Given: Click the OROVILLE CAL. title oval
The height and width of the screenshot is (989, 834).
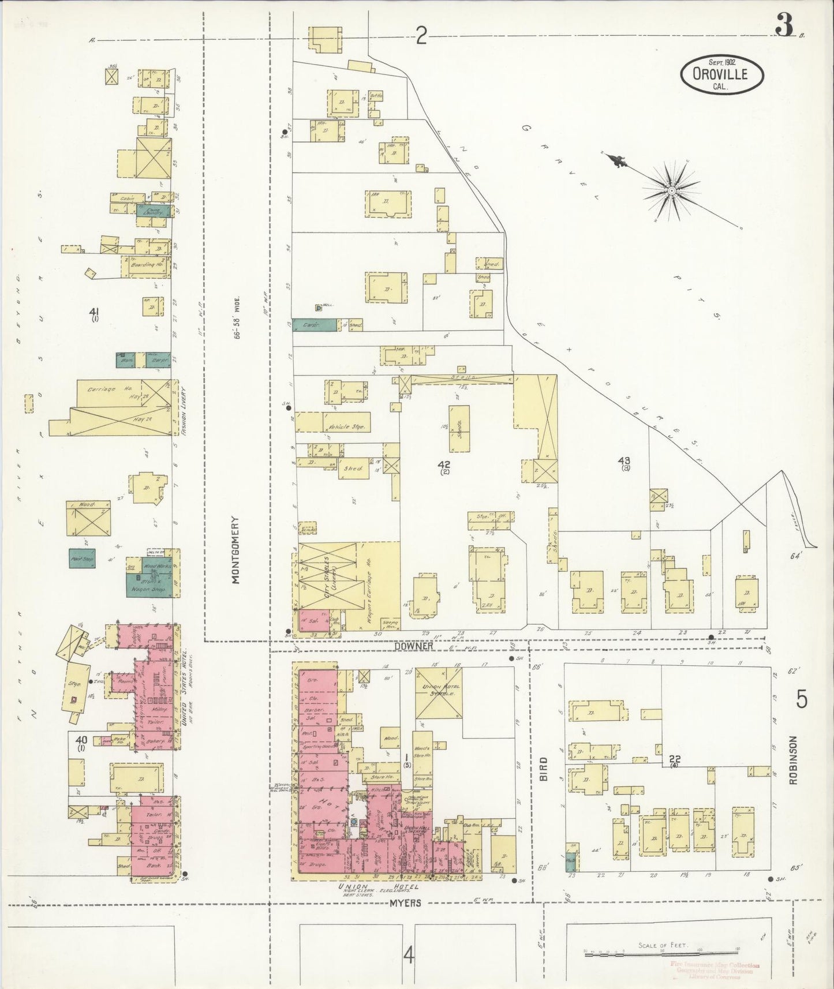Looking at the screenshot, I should [722, 74].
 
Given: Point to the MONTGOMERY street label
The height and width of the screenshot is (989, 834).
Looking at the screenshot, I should [236, 550].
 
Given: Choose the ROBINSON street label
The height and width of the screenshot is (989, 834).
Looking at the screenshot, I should [794, 760].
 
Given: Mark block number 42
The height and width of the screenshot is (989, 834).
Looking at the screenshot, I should [444, 464].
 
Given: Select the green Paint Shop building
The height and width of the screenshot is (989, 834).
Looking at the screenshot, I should [82, 558].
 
